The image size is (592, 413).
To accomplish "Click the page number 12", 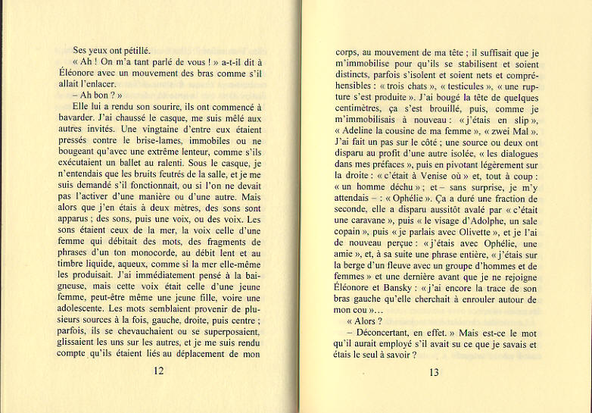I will click(x=159, y=371).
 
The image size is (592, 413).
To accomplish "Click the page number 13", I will click(x=434, y=371).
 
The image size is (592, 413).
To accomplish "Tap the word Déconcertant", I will click(x=380, y=333).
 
